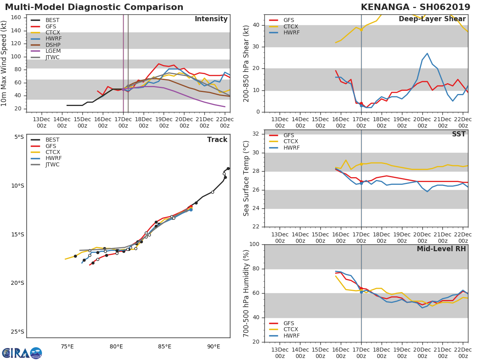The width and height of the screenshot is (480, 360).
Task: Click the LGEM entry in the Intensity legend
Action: tap(52, 51)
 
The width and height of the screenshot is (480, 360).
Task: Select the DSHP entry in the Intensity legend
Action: tap(52, 45)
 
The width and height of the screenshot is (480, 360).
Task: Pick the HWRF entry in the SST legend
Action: tap(291, 148)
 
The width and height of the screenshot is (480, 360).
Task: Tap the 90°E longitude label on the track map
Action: tap(214, 346)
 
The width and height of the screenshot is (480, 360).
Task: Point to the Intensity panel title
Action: tap(211, 19)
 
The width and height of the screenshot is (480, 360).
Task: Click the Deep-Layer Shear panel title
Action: tap(432, 19)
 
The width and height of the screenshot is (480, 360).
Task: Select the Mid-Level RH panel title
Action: tap(441, 249)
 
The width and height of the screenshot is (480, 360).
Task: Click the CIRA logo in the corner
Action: tap(22, 353)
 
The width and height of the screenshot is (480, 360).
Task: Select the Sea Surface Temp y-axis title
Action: tap(247, 178)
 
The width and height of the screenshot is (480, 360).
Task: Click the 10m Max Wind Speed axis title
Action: tap(4, 63)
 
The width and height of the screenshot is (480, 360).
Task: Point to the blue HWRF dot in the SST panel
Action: tap(361, 183)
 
